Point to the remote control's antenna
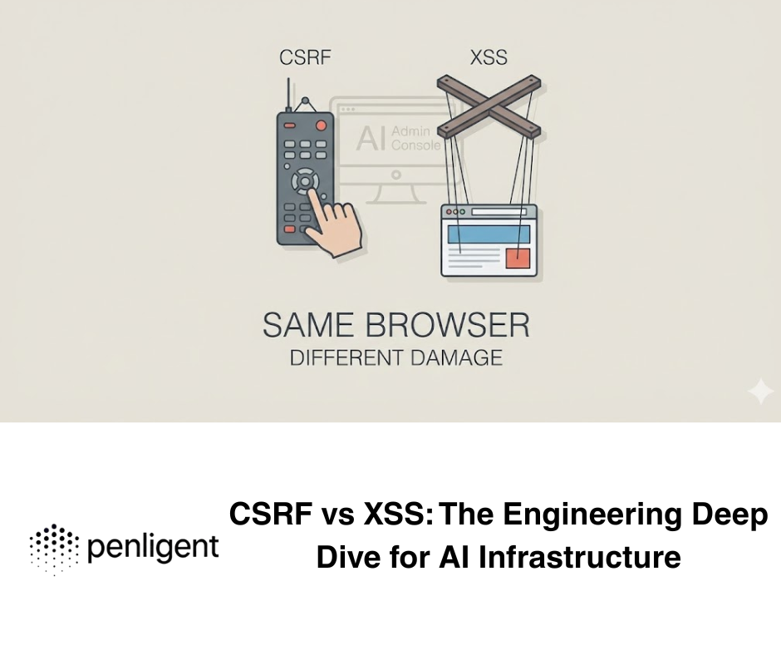coord(288,93)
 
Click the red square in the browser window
coord(518,257)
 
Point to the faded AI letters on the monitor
coord(371,139)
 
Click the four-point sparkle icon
coord(759,392)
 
